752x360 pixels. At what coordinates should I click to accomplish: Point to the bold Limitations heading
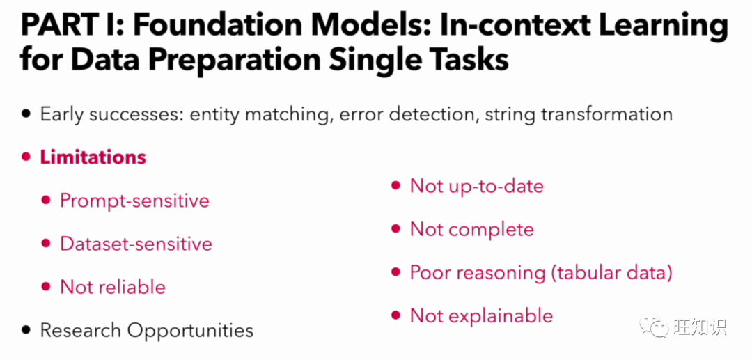[x=93, y=157]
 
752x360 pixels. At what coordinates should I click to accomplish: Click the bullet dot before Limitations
[x=26, y=157]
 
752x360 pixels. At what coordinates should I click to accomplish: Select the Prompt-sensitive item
[x=135, y=201]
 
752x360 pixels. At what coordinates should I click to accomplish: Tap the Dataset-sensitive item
[x=136, y=244]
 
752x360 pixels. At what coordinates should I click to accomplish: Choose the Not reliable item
[x=113, y=287]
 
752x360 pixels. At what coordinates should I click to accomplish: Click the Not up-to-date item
[x=477, y=186]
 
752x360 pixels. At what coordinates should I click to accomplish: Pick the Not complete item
[x=472, y=229]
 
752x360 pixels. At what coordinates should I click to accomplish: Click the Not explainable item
[x=482, y=315]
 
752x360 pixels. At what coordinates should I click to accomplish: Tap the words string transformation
[x=579, y=114]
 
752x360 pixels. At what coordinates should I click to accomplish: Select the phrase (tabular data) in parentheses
[x=610, y=273]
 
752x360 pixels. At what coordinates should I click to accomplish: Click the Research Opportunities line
[x=147, y=330]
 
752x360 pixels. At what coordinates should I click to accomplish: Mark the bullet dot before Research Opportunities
[x=26, y=330]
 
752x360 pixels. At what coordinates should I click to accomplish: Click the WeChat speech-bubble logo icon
[x=654, y=325]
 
